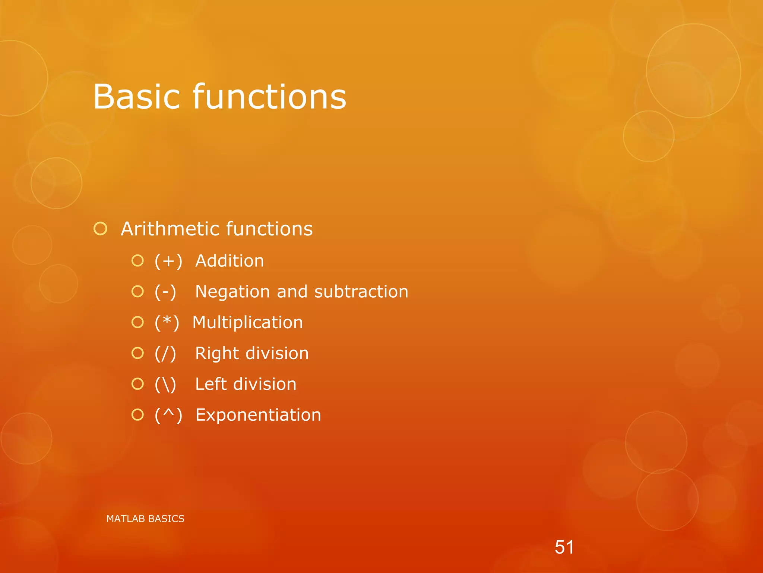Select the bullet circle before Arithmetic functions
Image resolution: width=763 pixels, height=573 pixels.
point(101,229)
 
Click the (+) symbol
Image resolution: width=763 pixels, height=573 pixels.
point(168,261)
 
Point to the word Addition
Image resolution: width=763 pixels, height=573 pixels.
point(229,261)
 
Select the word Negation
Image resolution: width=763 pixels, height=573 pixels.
point(232,292)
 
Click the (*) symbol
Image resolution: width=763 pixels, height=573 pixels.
point(167,323)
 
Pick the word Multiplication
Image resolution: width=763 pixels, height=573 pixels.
point(247,323)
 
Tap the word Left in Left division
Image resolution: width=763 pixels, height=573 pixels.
point(211,384)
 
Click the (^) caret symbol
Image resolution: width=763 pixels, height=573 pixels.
point(168,415)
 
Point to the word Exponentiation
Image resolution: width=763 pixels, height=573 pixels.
point(258,415)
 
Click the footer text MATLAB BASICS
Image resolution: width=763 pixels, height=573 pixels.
point(145,519)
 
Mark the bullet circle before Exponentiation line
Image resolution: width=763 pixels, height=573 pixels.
point(137,414)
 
